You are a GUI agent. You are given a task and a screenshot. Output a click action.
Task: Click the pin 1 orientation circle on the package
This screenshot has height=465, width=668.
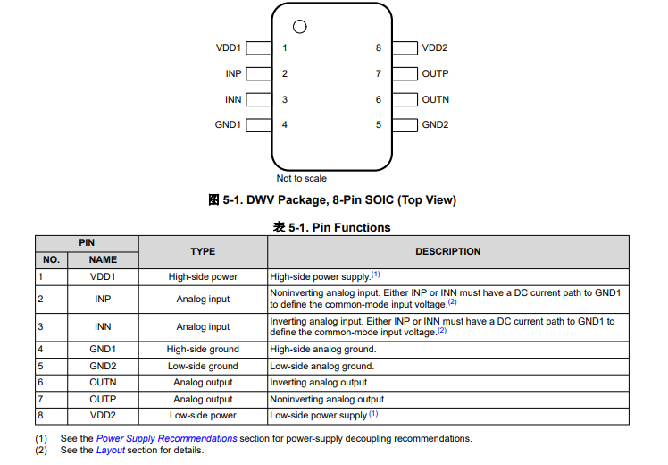[x=300, y=26]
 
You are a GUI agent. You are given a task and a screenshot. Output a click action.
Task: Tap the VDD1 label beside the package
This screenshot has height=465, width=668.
[x=229, y=48]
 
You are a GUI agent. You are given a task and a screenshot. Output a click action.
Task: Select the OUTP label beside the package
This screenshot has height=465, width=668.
[x=435, y=73]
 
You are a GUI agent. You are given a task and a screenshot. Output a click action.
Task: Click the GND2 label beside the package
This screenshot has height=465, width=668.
[x=435, y=124]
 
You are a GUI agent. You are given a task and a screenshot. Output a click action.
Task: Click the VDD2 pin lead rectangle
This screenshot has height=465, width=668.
[x=405, y=48]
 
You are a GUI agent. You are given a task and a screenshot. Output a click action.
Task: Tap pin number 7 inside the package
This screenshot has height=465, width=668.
[x=379, y=73]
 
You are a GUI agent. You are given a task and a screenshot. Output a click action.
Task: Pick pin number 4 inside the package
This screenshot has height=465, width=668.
[x=285, y=124]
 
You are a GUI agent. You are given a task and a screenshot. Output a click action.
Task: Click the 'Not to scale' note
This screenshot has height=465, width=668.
[x=302, y=178]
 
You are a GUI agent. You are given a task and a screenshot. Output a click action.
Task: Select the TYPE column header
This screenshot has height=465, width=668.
[x=203, y=251]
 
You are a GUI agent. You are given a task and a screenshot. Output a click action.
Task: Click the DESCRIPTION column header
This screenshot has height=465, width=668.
[x=448, y=251]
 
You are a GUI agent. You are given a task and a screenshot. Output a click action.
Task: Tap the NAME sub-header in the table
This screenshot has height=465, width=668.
[x=103, y=259]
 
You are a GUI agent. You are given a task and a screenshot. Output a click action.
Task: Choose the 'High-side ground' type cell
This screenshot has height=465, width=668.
[x=203, y=349]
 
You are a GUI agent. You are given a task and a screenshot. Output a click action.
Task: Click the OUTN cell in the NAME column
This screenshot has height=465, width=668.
[x=103, y=382]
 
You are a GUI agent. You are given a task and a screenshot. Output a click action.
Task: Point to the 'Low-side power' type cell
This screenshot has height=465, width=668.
[x=203, y=415]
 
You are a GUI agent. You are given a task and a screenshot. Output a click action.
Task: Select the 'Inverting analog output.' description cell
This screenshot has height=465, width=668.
[x=320, y=382]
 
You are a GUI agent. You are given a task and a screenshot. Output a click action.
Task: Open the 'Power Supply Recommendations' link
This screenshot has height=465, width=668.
[x=167, y=438]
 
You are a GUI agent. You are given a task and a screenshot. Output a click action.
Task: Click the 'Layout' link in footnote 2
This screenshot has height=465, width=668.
[x=111, y=450]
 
